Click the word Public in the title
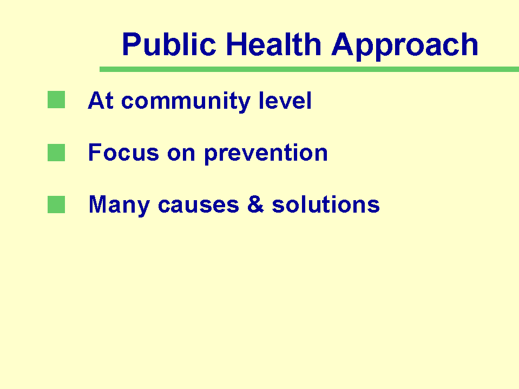click(169, 44)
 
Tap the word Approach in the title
click(405, 47)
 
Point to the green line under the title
click(309, 69)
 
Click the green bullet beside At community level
click(56, 100)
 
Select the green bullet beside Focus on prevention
click(56, 153)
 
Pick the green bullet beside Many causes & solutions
click(56, 205)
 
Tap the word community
click(186, 101)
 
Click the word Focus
click(123, 152)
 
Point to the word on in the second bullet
click(181, 155)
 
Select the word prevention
click(266, 154)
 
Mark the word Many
click(119, 206)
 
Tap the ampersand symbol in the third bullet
click(255, 204)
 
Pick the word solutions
click(326, 204)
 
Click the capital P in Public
click(132, 44)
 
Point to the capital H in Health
click(236, 44)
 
